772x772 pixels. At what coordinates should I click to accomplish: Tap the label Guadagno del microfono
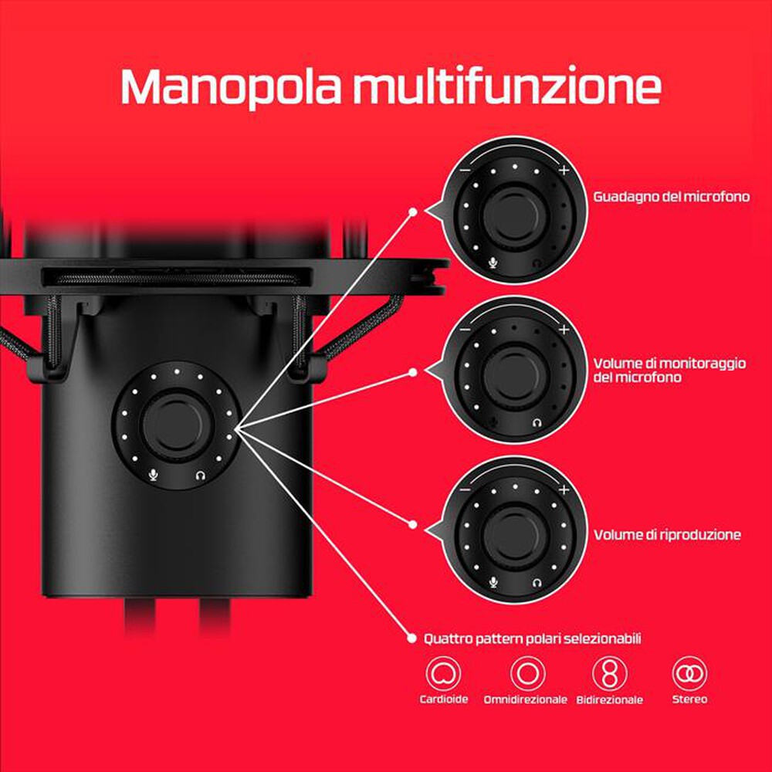click(672, 196)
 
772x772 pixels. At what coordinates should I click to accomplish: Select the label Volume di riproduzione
click(667, 534)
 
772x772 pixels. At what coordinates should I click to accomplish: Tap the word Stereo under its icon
click(689, 700)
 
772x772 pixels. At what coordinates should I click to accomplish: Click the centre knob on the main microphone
click(176, 422)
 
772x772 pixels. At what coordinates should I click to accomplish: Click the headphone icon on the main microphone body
click(201, 476)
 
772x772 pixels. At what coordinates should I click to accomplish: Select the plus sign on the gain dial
click(564, 171)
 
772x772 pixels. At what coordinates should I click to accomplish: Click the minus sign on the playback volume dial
click(465, 489)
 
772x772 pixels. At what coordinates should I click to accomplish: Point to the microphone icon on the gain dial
click(493, 262)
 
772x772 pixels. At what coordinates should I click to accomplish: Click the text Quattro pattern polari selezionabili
click(533, 638)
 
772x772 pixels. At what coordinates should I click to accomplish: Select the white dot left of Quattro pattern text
click(412, 638)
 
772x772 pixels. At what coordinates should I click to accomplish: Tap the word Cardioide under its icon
click(443, 700)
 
